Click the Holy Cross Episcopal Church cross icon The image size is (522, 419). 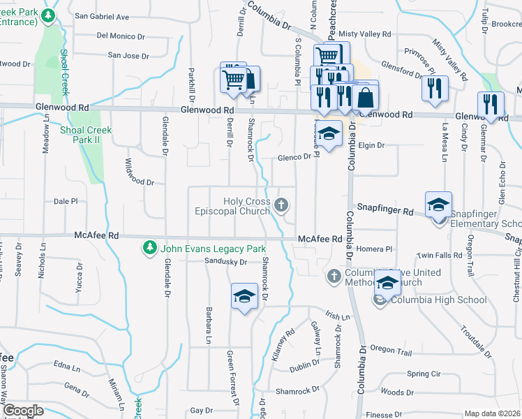click(281, 205)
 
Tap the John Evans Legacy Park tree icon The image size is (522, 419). click(149, 248)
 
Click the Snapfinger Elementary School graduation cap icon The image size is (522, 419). click(438, 204)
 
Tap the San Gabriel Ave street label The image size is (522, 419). click(102, 16)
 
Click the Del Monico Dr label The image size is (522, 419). click(121, 36)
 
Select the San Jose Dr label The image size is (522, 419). click(129, 55)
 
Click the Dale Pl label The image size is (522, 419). click(66, 201)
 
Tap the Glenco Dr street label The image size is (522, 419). click(293, 157)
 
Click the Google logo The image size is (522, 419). click(22, 411)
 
